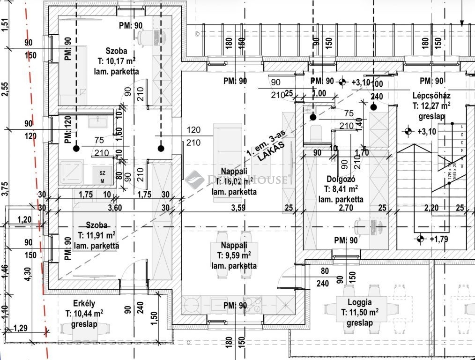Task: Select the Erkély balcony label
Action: tap(84, 303)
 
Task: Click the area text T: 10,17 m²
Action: tap(117, 61)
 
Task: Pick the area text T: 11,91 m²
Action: tap(97, 235)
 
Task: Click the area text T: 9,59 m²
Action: tap(234, 255)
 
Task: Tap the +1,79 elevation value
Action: tap(438, 240)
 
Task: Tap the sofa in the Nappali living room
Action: tap(228, 162)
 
